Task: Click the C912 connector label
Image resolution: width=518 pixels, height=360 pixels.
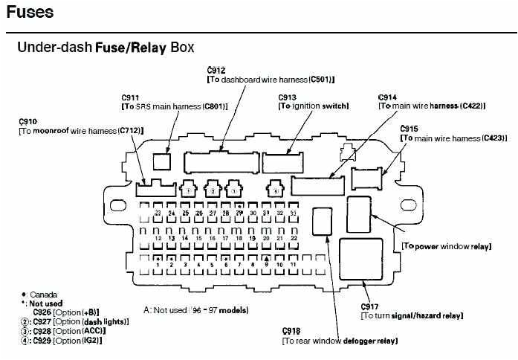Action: pyautogui.click(x=216, y=71)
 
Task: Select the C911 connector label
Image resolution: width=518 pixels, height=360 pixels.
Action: pyautogui.click(x=130, y=97)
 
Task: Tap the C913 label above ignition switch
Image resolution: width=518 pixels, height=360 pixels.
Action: pyautogui.click(x=288, y=97)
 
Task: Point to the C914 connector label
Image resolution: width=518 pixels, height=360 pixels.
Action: pyautogui.click(x=387, y=97)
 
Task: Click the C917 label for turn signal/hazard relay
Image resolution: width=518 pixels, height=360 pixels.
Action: pyautogui.click(x=369, y=306)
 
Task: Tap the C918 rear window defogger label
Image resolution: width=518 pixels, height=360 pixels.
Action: pyautogui.click(x=291, y=331)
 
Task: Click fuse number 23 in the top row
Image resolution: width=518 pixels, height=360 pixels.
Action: pyautogui.click(x=158, y=213)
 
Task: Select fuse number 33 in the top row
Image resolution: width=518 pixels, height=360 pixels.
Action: pyautogui.click(x=294, y=213)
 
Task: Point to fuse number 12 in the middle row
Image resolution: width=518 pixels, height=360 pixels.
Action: pyautogui.click(x=158, y=238)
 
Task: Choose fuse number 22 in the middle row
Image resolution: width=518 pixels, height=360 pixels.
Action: pyautogui.click(x=294, y=238)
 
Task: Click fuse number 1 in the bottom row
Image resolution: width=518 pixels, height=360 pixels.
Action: pyautogui.click(x=158, y=264)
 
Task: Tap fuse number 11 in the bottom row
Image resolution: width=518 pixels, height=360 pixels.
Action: pyautogui.click(x=294, y=264)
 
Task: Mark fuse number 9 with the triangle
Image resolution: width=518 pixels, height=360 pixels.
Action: pyautogui.click(x=266, y=263)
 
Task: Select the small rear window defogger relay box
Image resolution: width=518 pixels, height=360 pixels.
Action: pyautogui.click(x=322, y=220)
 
